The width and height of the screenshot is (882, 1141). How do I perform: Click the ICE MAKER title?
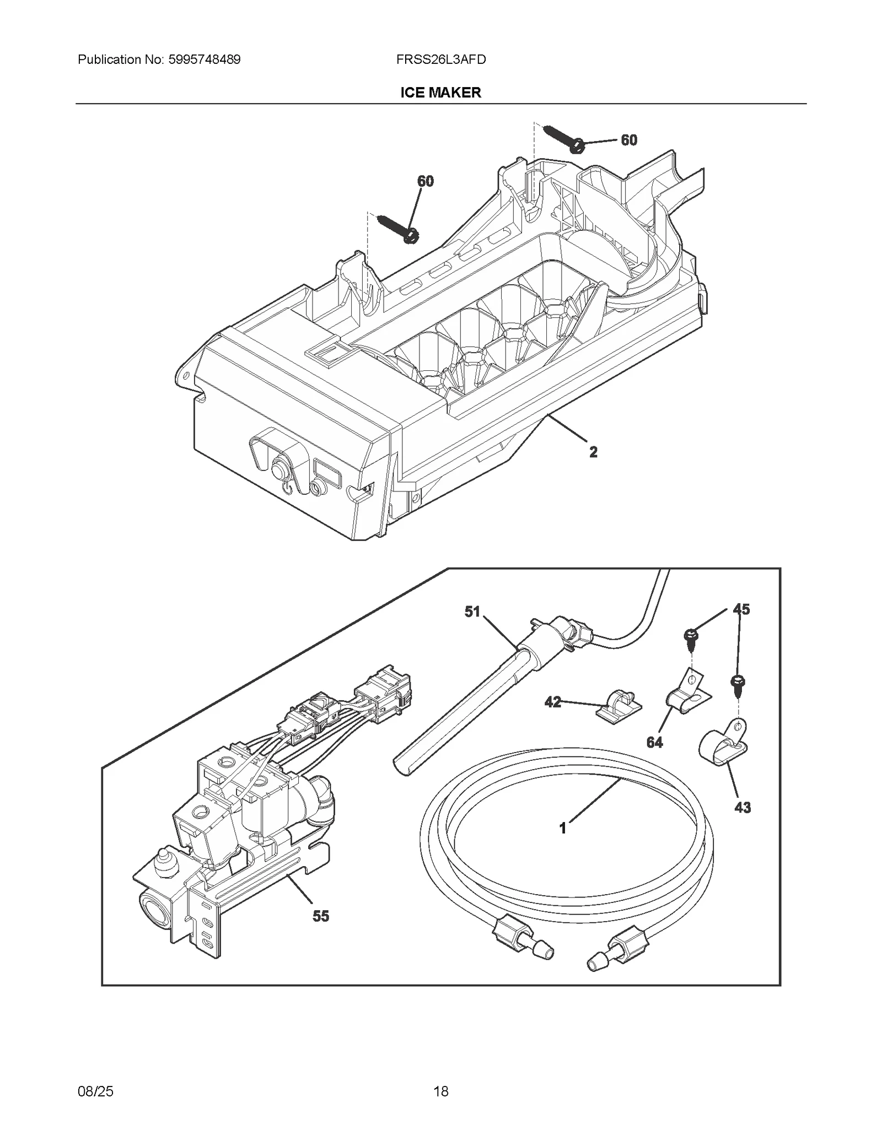440,93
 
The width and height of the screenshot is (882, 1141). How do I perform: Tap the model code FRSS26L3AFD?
440,60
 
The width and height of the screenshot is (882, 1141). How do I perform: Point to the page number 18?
440,1091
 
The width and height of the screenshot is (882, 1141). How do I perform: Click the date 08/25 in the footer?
95,1091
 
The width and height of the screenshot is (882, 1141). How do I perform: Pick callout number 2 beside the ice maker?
593,452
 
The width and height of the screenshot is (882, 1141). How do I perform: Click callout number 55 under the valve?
320,916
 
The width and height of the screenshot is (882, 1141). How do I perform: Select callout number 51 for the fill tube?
472,612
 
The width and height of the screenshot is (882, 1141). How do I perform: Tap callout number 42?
552,702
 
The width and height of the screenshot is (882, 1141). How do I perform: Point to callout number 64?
654,742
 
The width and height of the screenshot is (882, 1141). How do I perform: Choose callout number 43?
743,807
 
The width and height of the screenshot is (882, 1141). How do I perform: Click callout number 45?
741,609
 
